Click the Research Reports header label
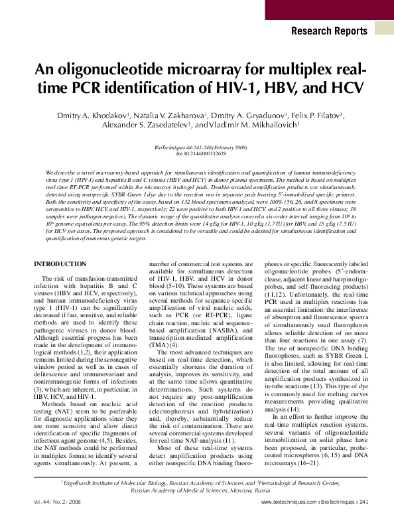pyautogui.click(x=329, y=31)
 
